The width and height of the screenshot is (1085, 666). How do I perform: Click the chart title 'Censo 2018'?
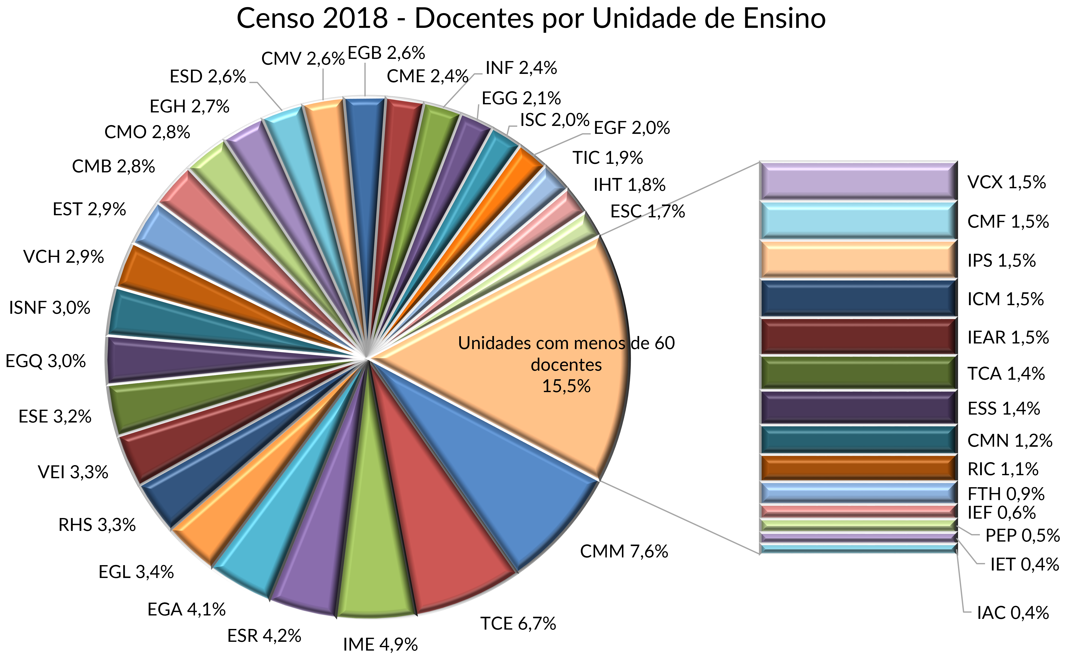531,18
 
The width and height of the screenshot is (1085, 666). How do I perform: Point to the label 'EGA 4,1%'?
187,610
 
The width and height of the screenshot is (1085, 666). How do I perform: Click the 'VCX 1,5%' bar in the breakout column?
859,181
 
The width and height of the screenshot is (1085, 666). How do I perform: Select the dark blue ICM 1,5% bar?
859,299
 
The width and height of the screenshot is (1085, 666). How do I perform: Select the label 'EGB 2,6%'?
386,53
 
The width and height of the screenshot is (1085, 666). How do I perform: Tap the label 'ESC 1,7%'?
647,211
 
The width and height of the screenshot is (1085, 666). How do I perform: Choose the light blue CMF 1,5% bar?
859,220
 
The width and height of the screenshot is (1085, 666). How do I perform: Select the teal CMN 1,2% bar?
859,440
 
